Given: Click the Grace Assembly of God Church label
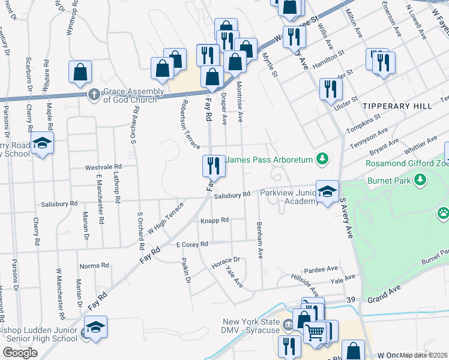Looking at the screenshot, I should click(x=133, y=95).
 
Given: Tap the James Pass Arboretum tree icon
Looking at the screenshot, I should click(x=323, y=158).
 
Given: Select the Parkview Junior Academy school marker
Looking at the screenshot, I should click(x=327, y=193).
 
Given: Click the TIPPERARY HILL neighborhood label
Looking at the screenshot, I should click(x=397, y=106).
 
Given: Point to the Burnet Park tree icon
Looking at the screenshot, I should click(x=420, y=179).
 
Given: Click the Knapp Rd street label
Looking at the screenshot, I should click(x=214, y=220).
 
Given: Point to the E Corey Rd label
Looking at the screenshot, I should click(x=192, y=244).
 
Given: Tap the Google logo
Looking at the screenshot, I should click(x=20, y=353).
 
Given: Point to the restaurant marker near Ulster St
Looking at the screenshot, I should click(x=331, y=89).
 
